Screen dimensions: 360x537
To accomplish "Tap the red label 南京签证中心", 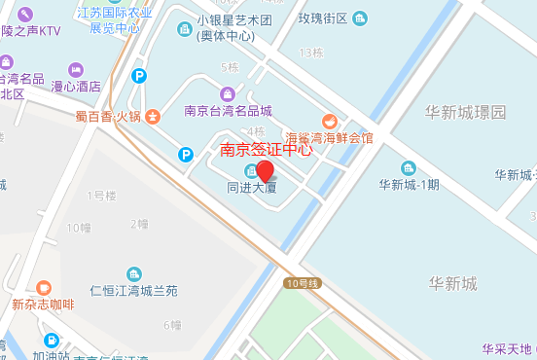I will [x=267, y=150].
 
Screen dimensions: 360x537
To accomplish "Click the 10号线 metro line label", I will [x=303, y=283].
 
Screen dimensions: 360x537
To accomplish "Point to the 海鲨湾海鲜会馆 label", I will [x=329, y=137].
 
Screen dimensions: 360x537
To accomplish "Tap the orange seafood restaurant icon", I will [x=331, y=121].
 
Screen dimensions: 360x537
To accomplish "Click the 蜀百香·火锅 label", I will [x=107, y=116].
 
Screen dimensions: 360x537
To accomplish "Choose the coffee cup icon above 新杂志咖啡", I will [x=43, y=287].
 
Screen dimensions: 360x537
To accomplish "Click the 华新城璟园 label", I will [x=465, y=113].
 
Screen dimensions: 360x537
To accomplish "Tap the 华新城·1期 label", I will [x=410, y=184].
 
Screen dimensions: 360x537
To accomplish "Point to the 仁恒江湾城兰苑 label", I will [x=133, y=291].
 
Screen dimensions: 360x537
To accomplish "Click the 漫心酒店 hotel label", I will [x=75, y=87].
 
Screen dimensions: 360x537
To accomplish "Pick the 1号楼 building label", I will [x=101, y=196].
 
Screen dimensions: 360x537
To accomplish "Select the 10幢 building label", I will [x=79, y=228].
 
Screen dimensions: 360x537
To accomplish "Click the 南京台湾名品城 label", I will [x=228, y=110].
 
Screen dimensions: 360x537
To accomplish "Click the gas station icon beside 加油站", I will [x=50, y=341].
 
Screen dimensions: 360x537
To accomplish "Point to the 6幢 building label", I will [x=172, y=324].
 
